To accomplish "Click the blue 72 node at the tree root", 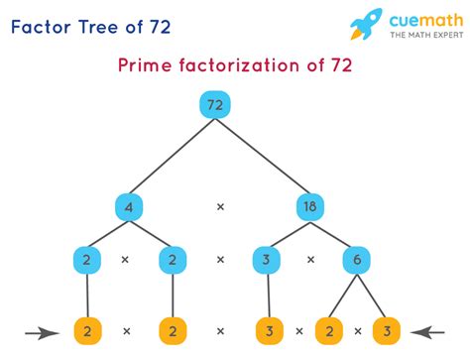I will point(215,104).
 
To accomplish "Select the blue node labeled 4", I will point(129,207).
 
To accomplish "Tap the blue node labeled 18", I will point(310,207).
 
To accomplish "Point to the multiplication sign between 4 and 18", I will point(221,207).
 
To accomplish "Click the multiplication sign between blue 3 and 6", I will point(311,260).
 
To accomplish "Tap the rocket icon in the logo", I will point(367,25).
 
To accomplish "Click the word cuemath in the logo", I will point(422,19).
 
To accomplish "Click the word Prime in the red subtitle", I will point(144,65).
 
